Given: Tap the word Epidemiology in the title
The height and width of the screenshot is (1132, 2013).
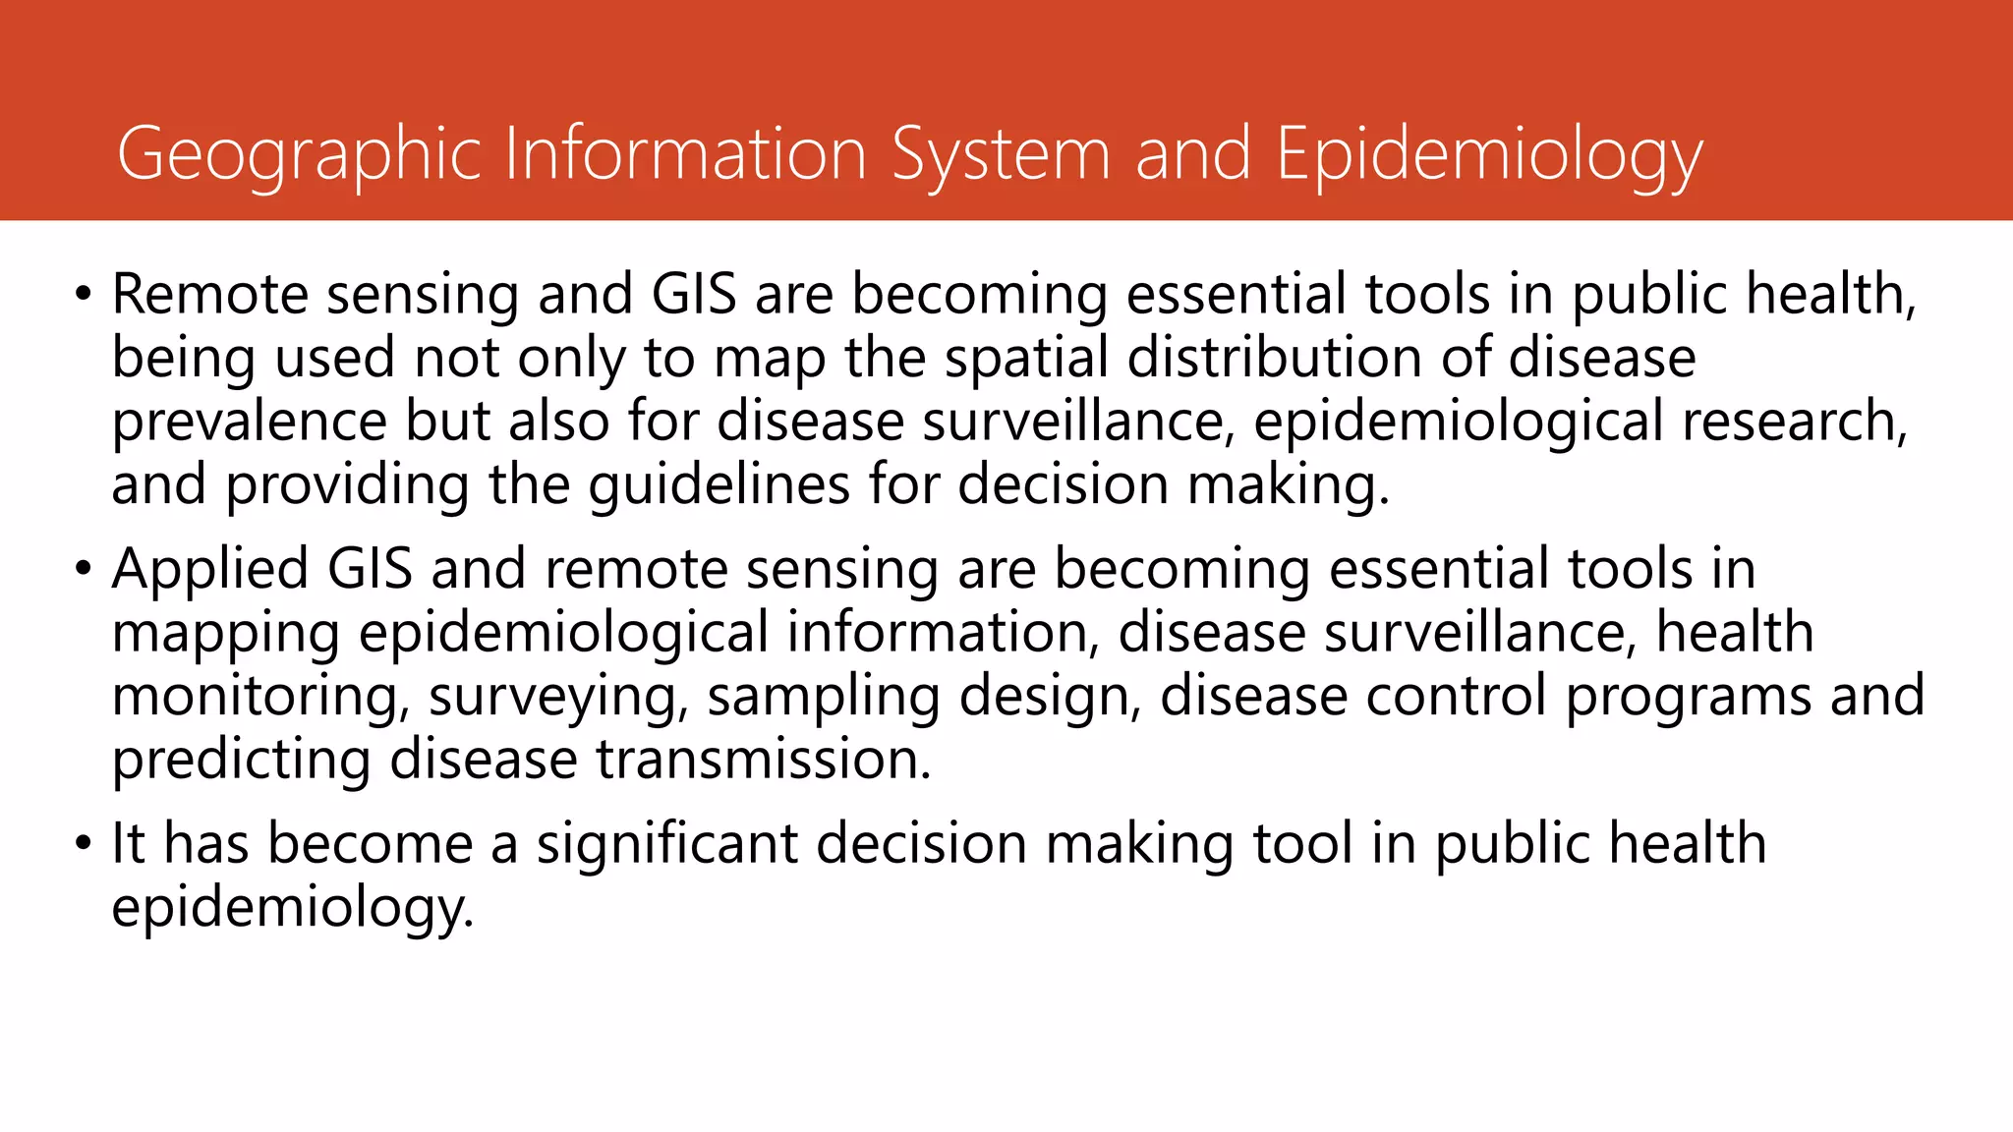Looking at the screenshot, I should pyautogui.click(x=1488, y=155).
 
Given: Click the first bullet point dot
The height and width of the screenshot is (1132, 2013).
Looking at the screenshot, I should pyautogui.click(x=84, y=295).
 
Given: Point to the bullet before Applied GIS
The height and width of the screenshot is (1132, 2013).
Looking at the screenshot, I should pyautogui.click(x=84, y=570).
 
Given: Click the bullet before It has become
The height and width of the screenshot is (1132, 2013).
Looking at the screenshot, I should pyautogui.click(x=84, y=844).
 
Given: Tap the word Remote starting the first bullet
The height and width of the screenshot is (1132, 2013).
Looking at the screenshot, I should pyautogui.click(x=209, y=295).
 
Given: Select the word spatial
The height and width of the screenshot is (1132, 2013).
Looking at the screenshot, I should pyautogui.click(x=1026, y=358).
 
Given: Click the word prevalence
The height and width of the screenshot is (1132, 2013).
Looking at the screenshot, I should pyautogui.click(x=250, y=422).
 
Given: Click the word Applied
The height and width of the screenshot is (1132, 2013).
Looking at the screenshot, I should pyautogui.click(x=210, y=570).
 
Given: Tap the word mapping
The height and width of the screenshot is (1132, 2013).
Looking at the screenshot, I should pyautogui.click(x=225, y=634).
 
